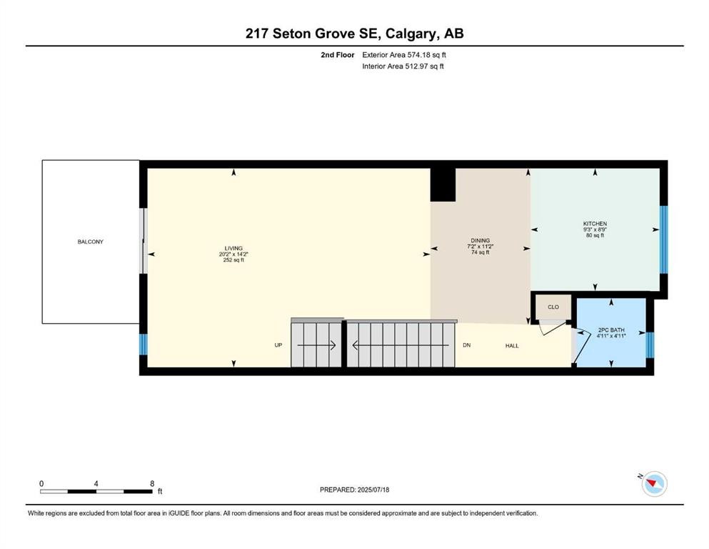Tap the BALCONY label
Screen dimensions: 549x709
tap(91, 242)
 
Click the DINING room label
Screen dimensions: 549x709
tap(480, 241)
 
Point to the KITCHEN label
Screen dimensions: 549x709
tap(594, 224)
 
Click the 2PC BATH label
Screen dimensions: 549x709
tap(611, 330)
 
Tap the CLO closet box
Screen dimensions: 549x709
tap(553, 307)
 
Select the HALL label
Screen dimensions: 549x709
tap(512, 346)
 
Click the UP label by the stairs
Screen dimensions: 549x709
tap(279, 345)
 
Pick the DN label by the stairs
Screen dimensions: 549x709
tap(466, 345)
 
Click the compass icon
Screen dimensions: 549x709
tap(653, 484)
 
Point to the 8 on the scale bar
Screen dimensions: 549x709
tap(152, 483)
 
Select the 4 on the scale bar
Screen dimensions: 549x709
tap(96, 483)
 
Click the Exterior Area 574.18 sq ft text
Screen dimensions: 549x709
tap(406, 54)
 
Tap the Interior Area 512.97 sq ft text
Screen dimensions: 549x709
tap(404, 66)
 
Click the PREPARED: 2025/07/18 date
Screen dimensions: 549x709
tap(355, 490)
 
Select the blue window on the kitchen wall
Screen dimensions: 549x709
tap(663, 239)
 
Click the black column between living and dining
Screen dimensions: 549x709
tap(443, 184)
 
